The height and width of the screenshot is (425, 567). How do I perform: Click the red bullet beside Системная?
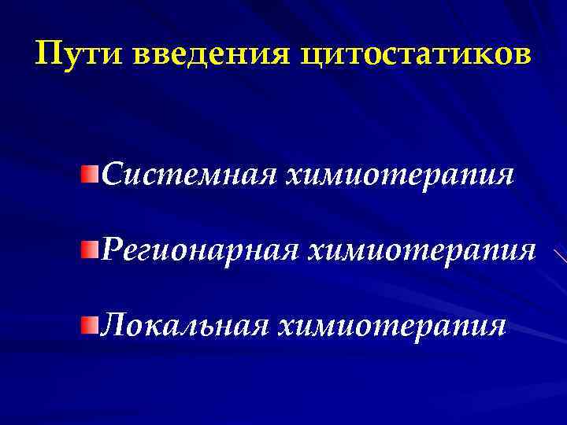[x=92, y=172]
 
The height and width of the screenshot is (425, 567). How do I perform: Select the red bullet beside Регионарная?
[x=92, y=249]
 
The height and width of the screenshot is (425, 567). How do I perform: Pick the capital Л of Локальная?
[x=113, y=325]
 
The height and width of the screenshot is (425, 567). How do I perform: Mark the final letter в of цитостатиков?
[x=523, y=57]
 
